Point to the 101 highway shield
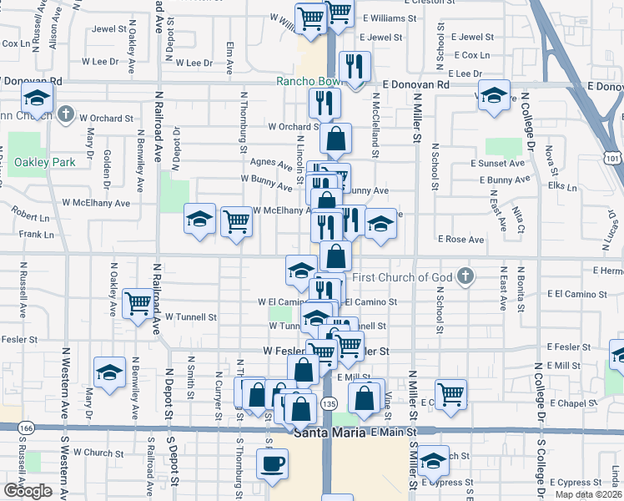(x=613, y=157)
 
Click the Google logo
(x=28, y=491)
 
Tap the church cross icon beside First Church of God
(x=466, y=276)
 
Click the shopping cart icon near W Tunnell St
(x=136, y=303)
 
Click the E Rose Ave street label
(x=461, y=240)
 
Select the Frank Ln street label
(x=36, y=235)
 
